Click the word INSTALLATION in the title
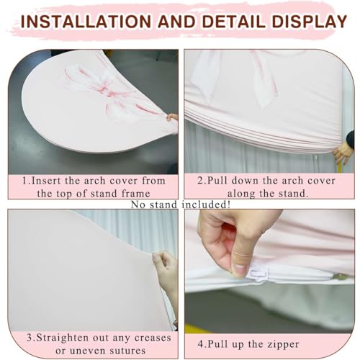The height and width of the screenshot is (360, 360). point(86,22)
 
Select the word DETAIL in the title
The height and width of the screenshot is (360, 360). point(234,22)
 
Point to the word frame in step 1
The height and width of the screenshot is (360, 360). point(136,194)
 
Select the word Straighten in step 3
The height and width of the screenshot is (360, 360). point(63,338)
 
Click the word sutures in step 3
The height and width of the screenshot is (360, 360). point(127,351)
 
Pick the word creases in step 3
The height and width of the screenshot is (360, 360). point(153,338)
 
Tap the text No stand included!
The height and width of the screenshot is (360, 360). point(181,204)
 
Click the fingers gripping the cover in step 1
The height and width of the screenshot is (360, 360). point(172,117)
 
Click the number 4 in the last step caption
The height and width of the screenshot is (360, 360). point(200,344)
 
